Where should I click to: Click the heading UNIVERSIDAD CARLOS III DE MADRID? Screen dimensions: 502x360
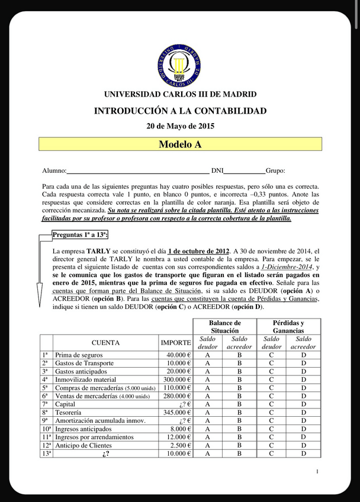click(180, 95)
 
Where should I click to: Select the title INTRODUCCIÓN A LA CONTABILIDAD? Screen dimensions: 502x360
click(180, 111)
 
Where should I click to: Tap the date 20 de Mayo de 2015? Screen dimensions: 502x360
click(180, 126)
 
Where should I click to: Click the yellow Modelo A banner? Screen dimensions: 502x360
click(180, 144)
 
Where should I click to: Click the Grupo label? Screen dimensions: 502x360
click(275, 170)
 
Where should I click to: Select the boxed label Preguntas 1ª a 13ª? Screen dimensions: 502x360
click(80, 234)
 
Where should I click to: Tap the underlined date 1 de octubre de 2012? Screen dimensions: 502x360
click(196, 251)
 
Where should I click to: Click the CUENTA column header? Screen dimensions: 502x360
click(105, 342)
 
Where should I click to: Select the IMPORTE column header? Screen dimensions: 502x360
click(176, 342)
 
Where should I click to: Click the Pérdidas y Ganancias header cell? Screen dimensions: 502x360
click(288, 327)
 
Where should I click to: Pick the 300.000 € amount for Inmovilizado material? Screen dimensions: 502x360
click(176, 379)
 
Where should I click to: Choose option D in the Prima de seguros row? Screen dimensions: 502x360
click(304, 355)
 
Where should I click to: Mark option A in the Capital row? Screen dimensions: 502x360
click(207, 404)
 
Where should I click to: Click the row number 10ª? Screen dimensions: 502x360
click(46, 429)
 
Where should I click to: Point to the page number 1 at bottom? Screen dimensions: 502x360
click(317, 471)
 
